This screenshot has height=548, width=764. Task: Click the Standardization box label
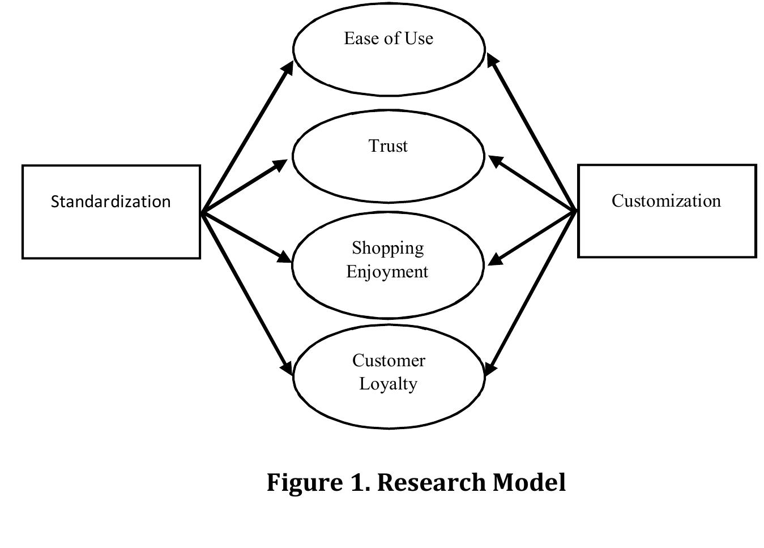tap(110, 202)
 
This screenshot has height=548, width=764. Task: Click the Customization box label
tap(666, 201)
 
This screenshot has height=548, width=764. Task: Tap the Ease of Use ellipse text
tap(389, 38)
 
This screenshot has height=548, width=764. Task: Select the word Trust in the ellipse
tap(388, 146)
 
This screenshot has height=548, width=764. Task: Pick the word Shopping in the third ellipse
tap(388, 248)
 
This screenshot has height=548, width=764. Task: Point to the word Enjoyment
tap(387, 272)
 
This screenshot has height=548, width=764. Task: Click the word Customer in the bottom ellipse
tap(389, 361)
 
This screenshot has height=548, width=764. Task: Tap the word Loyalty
tap(389, 384)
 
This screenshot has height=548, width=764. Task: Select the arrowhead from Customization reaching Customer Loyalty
tap(490, 368)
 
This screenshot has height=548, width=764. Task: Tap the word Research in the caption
tap(431, 483)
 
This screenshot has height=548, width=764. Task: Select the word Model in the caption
tap(529, 483)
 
